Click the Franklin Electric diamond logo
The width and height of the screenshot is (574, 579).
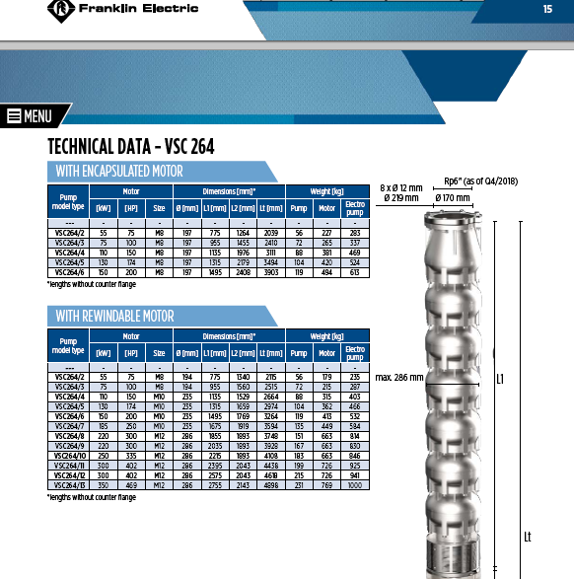point(61,10)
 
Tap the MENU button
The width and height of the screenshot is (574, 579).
point(31,116)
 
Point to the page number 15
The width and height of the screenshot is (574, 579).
point(547,9)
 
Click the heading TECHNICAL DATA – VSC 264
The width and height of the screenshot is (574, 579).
point(131,146)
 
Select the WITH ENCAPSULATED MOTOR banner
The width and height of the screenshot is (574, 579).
point(163,172)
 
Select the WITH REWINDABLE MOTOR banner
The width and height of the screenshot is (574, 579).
point(163,316)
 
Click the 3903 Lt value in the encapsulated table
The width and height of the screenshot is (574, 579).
point(271,272)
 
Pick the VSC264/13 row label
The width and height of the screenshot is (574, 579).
point(69,485)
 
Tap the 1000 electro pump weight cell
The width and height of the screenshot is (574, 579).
point(355,485)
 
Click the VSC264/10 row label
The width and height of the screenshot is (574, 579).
point(69,456)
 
